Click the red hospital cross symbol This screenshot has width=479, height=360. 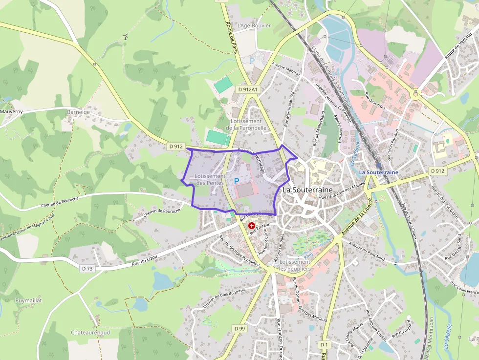[252, 226]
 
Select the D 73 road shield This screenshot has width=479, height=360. [87, 268]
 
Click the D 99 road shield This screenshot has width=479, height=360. [239, 329]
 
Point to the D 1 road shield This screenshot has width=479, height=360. [324, 344]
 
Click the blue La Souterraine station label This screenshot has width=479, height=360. [378, 172]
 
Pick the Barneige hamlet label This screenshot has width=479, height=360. [78, 112]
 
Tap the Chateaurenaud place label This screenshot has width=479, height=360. [90, 332]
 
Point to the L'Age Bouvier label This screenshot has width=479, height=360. [254, 25]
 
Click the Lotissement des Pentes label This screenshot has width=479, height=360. [210, 179]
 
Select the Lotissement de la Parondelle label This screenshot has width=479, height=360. [246, 125]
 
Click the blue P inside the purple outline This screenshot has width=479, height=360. [237, 181]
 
